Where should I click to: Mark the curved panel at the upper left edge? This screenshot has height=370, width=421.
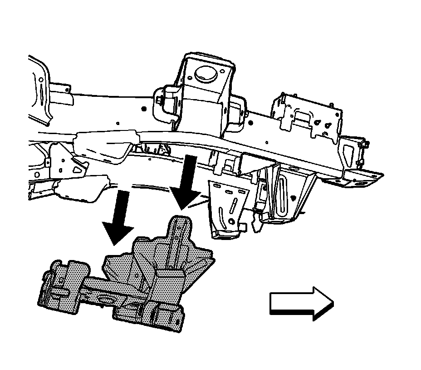[x=40, y=91]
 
